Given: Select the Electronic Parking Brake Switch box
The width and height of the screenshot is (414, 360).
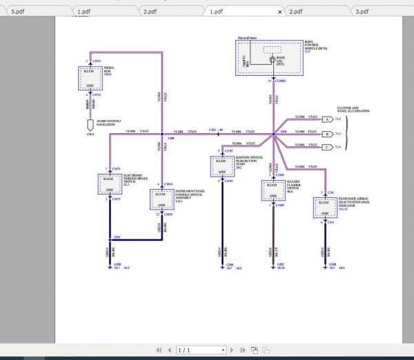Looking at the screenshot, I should coord(109,185).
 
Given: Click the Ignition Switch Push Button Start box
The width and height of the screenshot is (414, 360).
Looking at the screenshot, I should coord(221,166).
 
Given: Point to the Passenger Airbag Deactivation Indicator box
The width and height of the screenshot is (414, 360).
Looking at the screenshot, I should coord(324,207).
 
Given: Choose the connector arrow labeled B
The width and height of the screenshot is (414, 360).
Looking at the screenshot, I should coord(328,133).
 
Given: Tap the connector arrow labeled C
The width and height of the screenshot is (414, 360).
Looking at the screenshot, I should coord(328,146).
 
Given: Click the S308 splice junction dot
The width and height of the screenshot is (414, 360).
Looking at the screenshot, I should coord(161,134).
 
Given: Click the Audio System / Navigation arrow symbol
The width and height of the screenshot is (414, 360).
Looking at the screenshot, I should coord(88,125).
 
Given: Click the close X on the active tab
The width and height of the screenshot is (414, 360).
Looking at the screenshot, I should coord(279,12).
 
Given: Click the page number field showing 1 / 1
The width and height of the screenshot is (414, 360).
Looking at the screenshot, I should coord(200,350).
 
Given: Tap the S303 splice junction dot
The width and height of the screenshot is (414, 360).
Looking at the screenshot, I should coord(109,237).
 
